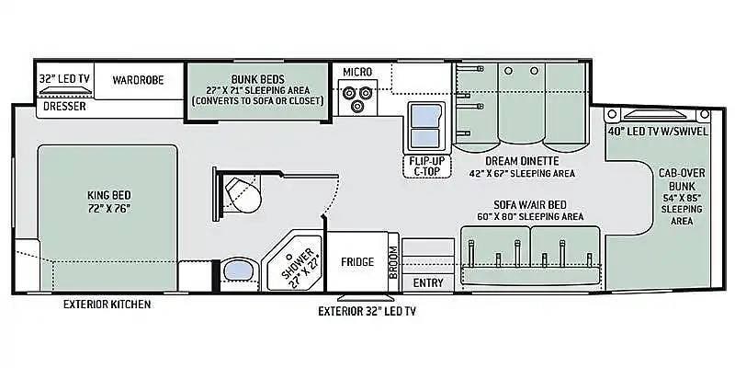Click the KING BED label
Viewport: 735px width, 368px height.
(108, 195)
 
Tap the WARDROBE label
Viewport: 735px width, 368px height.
(138, 80)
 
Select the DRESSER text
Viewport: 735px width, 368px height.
(64, 107)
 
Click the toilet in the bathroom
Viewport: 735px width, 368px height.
(243, 194)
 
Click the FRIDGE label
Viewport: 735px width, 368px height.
(357, 262)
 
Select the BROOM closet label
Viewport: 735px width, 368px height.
(393, 262)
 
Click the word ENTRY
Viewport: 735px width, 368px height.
(428, 282)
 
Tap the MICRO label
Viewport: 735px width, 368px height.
(357, 72)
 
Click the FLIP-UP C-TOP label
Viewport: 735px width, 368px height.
(426, 167)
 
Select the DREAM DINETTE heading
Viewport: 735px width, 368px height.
(522, 161)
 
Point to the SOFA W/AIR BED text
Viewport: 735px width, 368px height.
(530, 204)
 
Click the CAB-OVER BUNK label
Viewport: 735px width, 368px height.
(682, 179)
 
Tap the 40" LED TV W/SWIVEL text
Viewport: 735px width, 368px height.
(658, 132)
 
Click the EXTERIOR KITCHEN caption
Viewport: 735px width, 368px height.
(107, 305)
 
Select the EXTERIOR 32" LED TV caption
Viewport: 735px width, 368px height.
(367, 311)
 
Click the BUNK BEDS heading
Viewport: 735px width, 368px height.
(258, 79)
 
